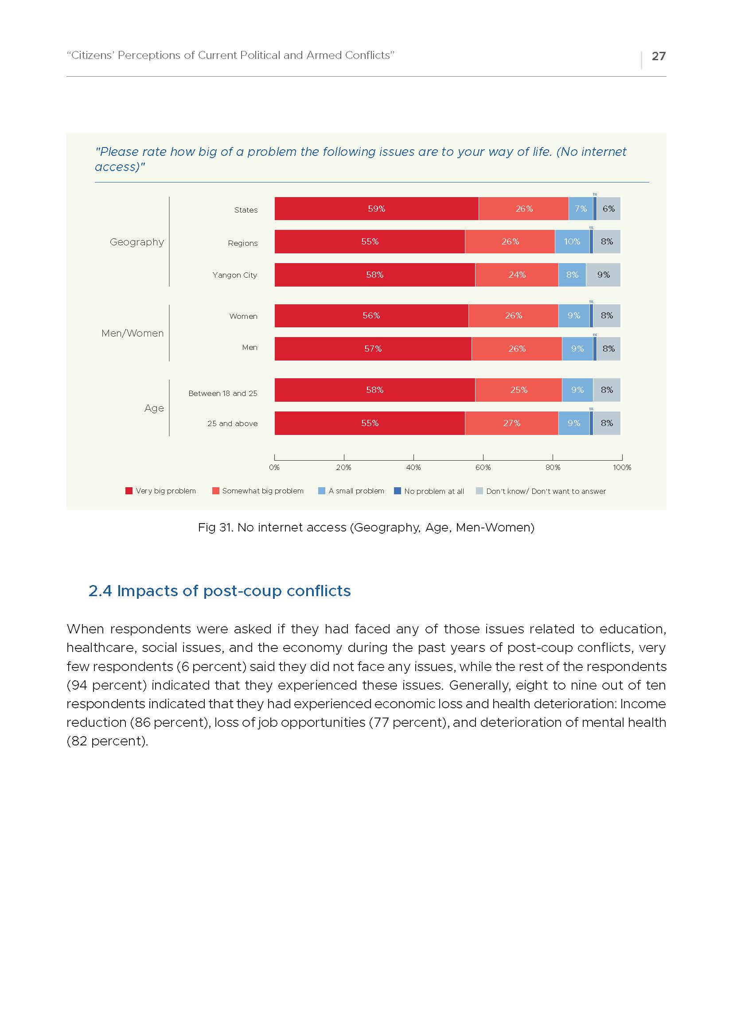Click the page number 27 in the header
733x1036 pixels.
tap(659, 56)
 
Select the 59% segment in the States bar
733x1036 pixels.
tap(376, 209)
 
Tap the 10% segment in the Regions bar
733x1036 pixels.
tap(572, 241)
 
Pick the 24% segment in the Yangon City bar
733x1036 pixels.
tap(517, 275)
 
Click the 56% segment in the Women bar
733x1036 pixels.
tap(371, 315)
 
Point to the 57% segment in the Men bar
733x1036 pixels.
tap(373, 348)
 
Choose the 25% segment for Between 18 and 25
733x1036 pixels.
tap(519, 390)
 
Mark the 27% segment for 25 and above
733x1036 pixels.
tap(512, 423)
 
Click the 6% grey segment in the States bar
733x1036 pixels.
tap(608, 209)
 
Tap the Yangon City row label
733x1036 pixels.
tap(235, 275)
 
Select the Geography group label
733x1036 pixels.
tap(137, 242)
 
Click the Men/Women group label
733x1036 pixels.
tap(132, 333)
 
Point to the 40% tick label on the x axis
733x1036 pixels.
tap(413, 467)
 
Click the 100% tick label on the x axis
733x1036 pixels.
tap(622, 467)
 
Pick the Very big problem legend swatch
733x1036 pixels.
tap(129, 491)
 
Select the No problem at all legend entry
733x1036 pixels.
tap(429, 491)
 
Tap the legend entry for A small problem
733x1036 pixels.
tap(351, 491)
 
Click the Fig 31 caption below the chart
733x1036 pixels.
tap(366, 528)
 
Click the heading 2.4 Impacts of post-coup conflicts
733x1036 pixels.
tap(219, 591)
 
